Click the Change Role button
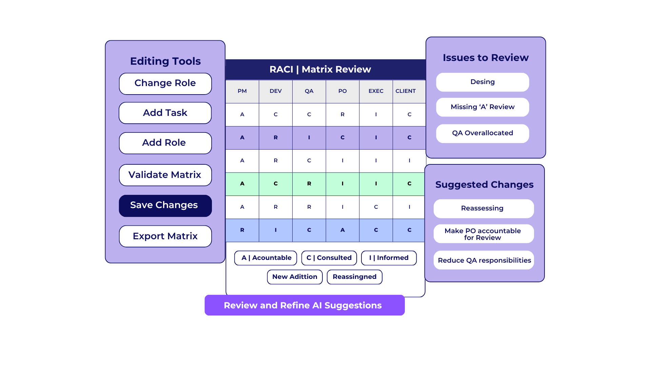click(165, 84)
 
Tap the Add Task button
click(165, 113)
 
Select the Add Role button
click(165, 143)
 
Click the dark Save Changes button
click(165, 206)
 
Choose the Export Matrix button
click(165, 236)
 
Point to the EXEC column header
click(376, 91)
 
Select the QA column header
click(309, 91)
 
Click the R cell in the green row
click(309, 184)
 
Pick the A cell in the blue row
click(342, 230)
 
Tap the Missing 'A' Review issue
click(482, 107)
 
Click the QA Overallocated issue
click(482, 134)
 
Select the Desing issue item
click(482, 82)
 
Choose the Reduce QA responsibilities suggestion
click(484, 260)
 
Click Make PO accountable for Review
click(484, 234)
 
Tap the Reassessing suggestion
click(484, 209)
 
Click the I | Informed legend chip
click(389, 258)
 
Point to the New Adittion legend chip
click(295, 277)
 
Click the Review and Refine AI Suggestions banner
click(304, 305)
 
